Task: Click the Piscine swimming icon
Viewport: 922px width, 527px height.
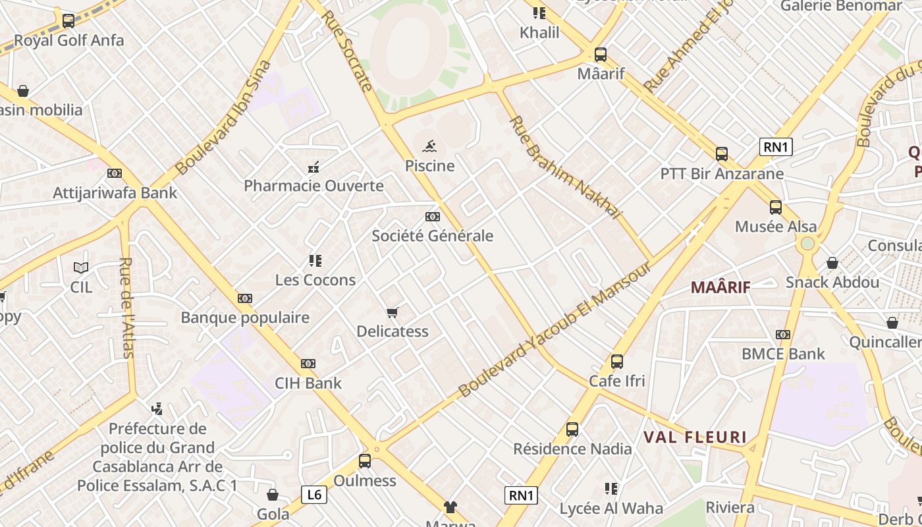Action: (x=429, y=146)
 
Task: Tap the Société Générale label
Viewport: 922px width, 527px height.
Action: (x=432, y=236)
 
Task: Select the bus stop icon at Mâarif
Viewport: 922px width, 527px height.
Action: (x=600, y=55)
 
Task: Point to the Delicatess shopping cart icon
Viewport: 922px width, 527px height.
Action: (x=393, y=312)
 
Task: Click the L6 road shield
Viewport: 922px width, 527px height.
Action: (x=314, y=494)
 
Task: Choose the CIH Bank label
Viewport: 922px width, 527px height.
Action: (x=308, y=383)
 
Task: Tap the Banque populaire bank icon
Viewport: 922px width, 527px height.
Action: (x=245, y=298)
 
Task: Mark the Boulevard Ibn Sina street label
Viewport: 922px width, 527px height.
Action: (x=224, y=117)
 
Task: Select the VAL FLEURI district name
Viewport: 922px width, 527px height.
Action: (x=695, y=437)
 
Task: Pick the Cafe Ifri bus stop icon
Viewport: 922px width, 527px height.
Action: (x=616, y=362)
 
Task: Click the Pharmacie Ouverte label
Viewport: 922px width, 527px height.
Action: (x=313, y=186)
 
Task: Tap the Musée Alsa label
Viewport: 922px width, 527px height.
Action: (x=775, y=227)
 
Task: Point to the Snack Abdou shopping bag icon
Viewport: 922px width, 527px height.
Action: (x=832, y=263)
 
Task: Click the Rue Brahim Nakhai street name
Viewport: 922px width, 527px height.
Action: (x=565, y=167)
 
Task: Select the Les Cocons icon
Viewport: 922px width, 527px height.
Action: (x=315, y=261)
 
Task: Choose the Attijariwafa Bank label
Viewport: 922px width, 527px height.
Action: (x=115, y=193)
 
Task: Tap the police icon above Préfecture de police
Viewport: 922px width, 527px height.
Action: (x=157, y=409)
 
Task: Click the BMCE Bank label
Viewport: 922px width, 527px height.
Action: (x=783, y=354)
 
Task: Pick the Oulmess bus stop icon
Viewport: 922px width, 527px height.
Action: (x=364, y=461)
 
